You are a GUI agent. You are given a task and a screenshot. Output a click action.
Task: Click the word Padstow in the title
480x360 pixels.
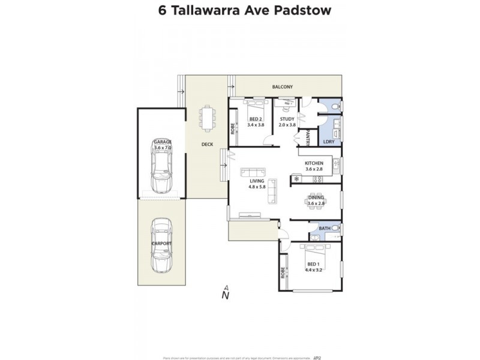304,11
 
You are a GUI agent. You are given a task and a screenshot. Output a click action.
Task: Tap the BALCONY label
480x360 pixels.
282,88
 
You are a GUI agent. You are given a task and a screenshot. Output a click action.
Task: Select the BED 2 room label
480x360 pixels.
256,119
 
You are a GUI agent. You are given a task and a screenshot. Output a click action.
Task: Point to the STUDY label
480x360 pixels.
287,119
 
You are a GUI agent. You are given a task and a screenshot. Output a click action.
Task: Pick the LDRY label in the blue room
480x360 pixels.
328,142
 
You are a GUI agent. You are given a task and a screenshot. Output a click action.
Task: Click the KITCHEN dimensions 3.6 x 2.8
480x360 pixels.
314,170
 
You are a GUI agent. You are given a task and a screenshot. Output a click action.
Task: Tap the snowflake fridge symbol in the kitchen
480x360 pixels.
296,179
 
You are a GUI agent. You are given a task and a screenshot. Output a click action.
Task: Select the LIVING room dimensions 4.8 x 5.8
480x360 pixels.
257,187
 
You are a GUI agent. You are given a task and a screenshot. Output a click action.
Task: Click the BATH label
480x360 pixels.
325,228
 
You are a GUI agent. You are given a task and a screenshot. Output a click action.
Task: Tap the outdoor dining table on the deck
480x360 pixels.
208,118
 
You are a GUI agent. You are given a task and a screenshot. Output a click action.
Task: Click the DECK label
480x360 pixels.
207,144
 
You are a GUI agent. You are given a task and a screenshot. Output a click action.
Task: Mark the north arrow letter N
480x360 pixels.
226,295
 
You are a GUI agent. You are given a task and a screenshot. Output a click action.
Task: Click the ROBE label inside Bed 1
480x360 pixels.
283,273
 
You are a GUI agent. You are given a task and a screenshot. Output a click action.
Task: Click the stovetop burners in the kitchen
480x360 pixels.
317,179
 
